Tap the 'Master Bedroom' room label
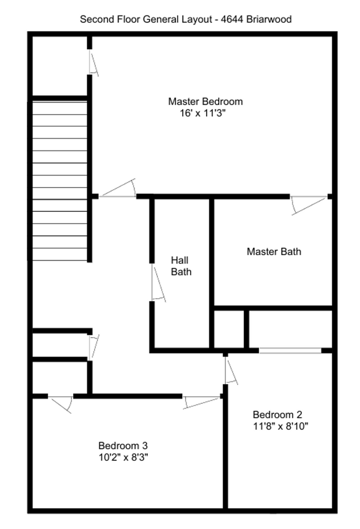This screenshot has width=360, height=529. (x=205, y=102)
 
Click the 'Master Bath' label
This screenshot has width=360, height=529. (x=274, y=252)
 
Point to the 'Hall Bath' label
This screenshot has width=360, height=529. (x=181, y=266)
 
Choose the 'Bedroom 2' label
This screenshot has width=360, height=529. (x=277, y=415)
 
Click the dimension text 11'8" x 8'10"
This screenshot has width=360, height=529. (x=280, y=426)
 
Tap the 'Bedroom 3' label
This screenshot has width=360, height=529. (x=122, y=445)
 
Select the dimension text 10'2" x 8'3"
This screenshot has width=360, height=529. (x=124, y=457)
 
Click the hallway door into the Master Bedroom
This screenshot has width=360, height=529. (x=118, y=190)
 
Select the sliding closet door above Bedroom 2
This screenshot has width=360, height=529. (x=290, y=350)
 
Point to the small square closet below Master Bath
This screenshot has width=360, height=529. (x=229, y=329)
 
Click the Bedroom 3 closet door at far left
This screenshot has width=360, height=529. (x=60, y=403)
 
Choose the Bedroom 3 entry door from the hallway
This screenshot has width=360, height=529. (x=202, y=401)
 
